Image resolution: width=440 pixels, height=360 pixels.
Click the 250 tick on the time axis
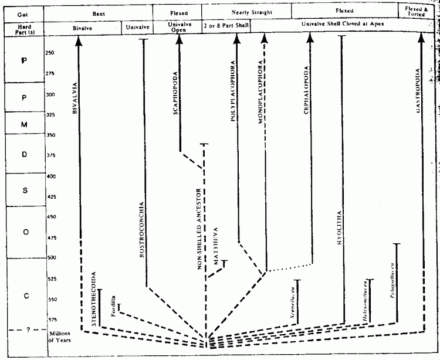tap(50, 52)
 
